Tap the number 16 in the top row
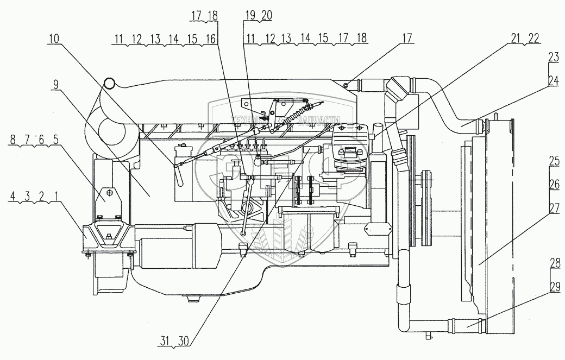tap(211, 40)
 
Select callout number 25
tap(554, 161)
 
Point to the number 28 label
tap(554, 263)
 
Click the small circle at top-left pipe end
tap(110, 83)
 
